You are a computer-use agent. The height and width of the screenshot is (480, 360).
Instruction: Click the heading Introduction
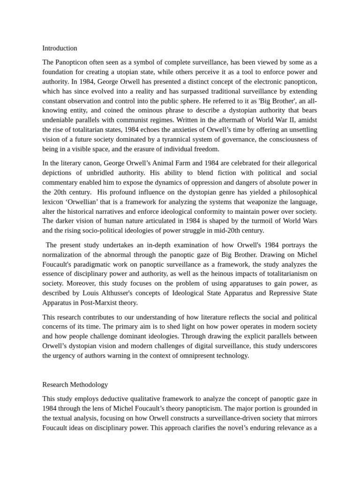(60, 48)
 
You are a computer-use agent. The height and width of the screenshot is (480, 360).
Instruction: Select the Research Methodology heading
(75, 385)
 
